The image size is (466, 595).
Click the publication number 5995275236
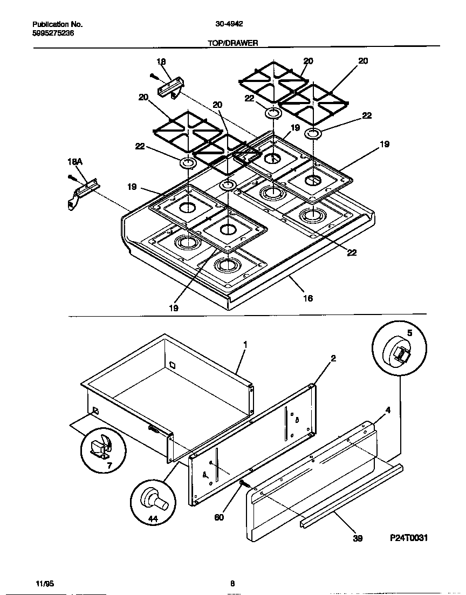coord(53,33)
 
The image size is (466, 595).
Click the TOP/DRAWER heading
coord(232,43)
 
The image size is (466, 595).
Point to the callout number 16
coord(308,298)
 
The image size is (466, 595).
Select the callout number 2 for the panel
coord(333,358)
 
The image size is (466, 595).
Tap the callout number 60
coord(219,517)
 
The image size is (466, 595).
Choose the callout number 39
coord(357,538)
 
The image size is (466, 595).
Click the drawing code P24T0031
coord(409,538)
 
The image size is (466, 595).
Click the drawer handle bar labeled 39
coord(351,495)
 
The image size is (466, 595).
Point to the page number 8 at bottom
coord(232,583)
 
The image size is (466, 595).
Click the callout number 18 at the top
coord(161,61)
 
